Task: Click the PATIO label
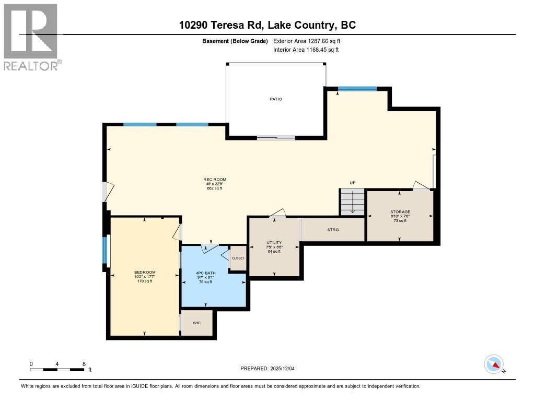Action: click(x=276, y=99)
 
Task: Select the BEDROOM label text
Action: click(x=145, y=273)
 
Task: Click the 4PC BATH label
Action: click(x=205, y=273)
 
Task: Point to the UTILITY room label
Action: click(x=274, y=243)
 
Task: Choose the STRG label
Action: click(x=333, y=230)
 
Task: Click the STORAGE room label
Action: click(x=400, y=212)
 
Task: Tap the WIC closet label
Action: click(x=196, y=323)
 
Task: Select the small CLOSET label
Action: click(x=238, y=258)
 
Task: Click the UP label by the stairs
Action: click(x=353, y=183)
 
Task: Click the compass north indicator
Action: click(x=494, y=364)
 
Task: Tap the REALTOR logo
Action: click(x=31, y=37)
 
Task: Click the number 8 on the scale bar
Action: click(x=84, y=363)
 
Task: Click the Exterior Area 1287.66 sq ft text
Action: click(x=307, y=41)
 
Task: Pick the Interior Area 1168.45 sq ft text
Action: click(x=306, y=50)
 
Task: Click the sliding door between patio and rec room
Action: click(x=276, y=138)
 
